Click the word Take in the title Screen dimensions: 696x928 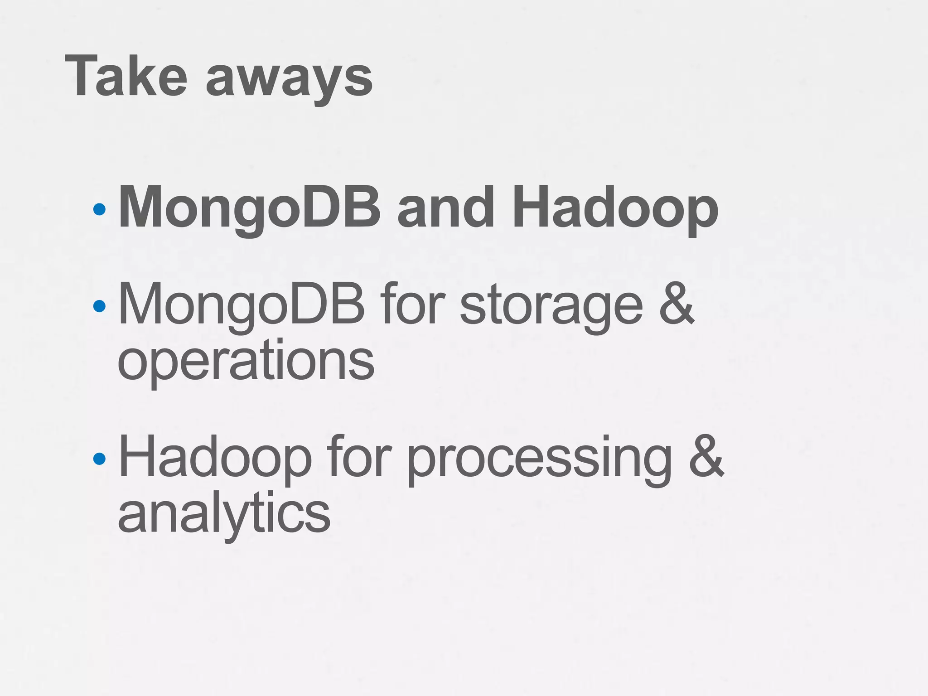[126, 76]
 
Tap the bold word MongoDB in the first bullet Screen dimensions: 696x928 [249, 208]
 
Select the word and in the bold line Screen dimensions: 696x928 [445, 208]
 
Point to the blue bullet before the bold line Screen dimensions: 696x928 [99, 209]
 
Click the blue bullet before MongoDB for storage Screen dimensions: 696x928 [99, 306]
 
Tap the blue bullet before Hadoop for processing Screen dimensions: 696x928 [99, 459]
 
